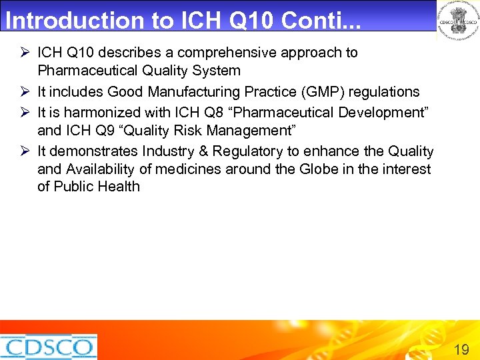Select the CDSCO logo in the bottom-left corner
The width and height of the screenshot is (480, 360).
[x=48, y=347]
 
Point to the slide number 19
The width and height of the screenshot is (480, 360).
[x=461, y=349]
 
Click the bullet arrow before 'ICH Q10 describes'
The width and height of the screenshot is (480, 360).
[x=25, y=53]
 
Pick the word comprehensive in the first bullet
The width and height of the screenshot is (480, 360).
[x=215, y=53]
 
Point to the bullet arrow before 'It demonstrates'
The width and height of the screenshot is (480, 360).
[x=25, y=151]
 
